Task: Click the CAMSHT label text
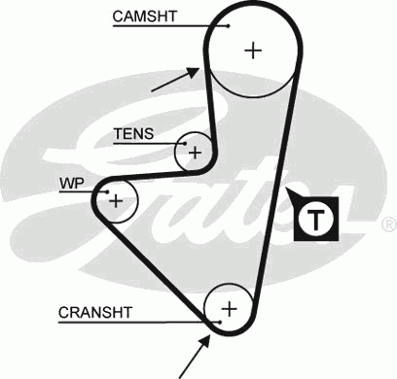coord(144,17)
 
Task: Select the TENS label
coord(133,133)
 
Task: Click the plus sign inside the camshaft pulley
coord(254,51)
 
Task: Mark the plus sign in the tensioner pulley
coord(195,152)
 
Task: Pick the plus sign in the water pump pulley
coord(116,200)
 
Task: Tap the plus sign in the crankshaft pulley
coord(230,308)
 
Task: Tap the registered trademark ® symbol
coord(388,224)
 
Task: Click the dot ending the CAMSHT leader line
coord(228,26)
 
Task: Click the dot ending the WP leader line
coord(108,191)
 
